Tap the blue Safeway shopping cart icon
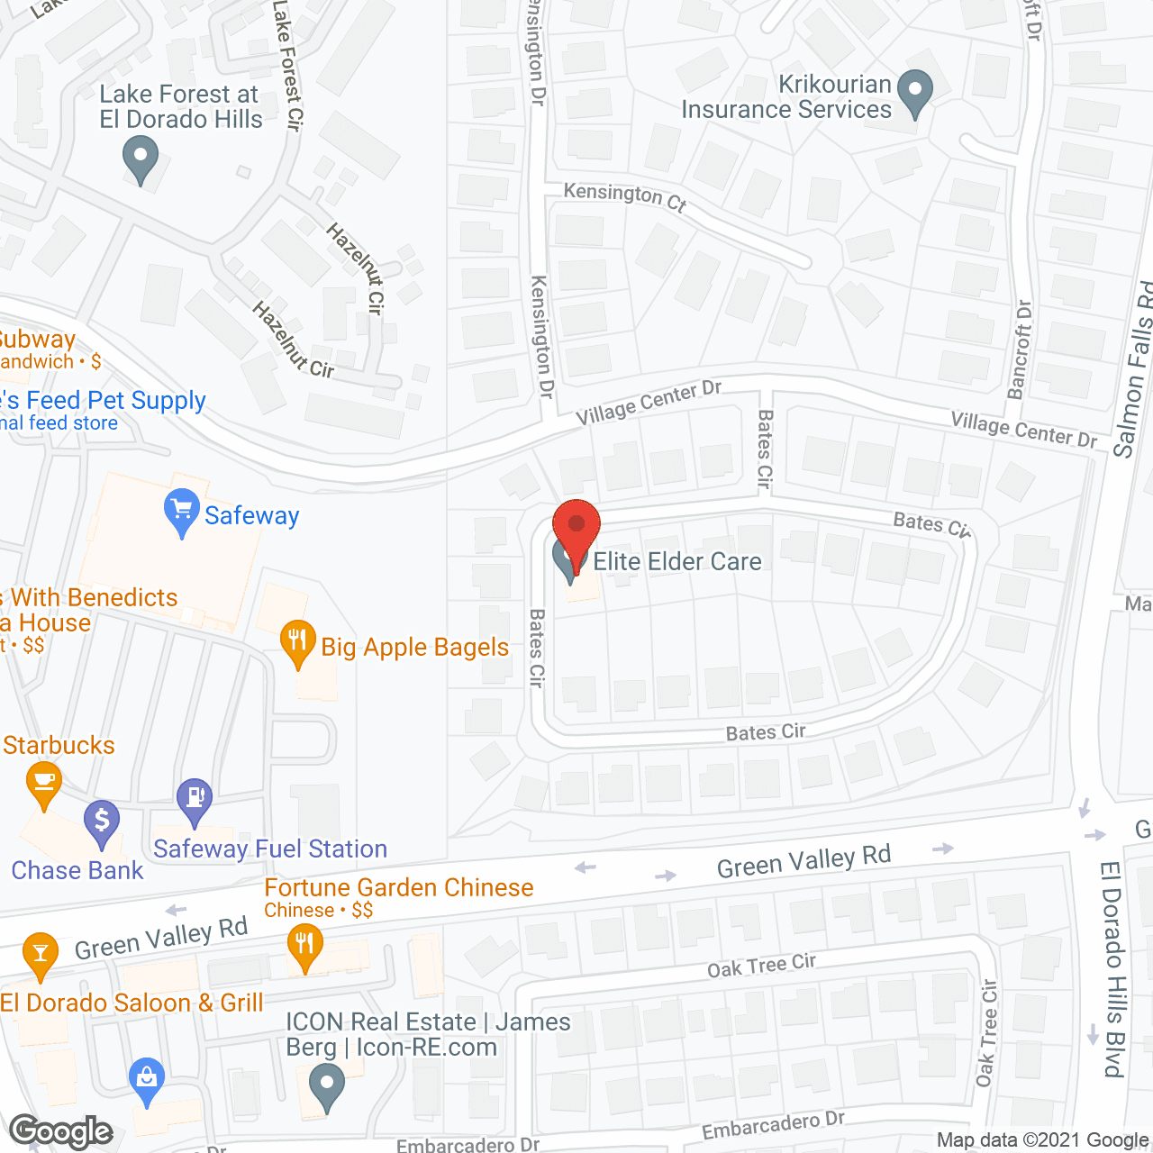(x=181, y=512)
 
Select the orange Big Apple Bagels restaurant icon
(x=297, y=642)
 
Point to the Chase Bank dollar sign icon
(x=102, y=822)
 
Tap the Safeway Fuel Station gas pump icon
(x=195, y=800)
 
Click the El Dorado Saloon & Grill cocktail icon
(x=40, y=955)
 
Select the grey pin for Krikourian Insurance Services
(x=916, y=92)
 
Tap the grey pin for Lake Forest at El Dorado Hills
(x=140, y=158)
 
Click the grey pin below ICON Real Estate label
(x=326, y=1085)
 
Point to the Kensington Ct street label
(x=625, y=195)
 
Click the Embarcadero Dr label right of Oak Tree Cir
(x=773, y=1125)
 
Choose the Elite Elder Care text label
(x=676, y=561)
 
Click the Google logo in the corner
(x=61, y=1131)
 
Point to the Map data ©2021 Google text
(x=1042, y=1140)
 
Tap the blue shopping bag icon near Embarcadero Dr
(x=146, y=1079)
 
